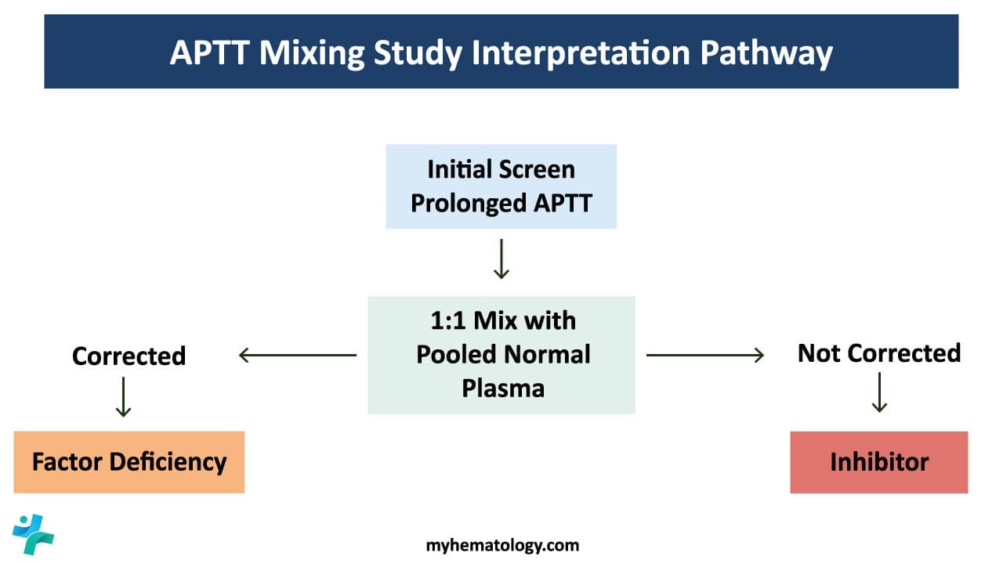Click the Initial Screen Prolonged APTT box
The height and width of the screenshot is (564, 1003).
pyautogui.click(x=501, y=186)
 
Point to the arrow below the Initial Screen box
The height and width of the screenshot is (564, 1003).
pyautogui.click(x=501, y=260)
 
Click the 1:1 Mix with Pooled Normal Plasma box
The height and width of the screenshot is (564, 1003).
pyautogui.click(x=501, y=355)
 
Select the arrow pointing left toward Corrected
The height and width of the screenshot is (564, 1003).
pyautogui.click(x=298, y=356)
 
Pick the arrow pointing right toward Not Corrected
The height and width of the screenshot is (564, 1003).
pyautogui.click(x=704, y=356)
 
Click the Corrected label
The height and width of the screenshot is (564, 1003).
pyautogui.click(x=129, y=356)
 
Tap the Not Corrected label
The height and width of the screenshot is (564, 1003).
pyautogui.click(x=878, y=353)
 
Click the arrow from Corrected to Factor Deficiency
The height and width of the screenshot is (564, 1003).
pyautogui.click(x=123, y=397)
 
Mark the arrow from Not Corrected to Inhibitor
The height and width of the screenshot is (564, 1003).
pyautogui.click(x=879, y=392)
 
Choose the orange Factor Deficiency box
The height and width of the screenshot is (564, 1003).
pyautogui.click(x=129, y=461)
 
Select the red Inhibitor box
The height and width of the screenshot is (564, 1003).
pyautogui.click(x=878, y=462)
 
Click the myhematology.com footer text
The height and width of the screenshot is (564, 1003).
pyautogui.click(x=502, y=545)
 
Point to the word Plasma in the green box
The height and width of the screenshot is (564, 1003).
pyautogui.click(x=502, y=388)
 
